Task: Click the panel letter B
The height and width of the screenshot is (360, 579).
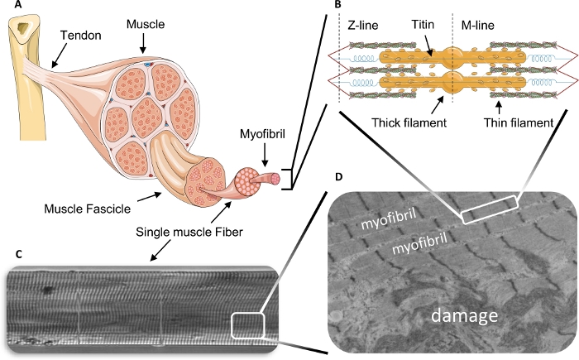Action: pos(337,6)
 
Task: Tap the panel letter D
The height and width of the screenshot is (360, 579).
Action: pos(334,177)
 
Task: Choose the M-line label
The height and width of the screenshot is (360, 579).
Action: pos(477,26)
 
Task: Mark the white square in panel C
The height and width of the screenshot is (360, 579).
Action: pos(247,325)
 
